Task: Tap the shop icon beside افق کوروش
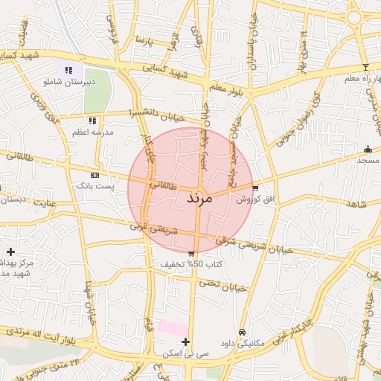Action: (256, 188)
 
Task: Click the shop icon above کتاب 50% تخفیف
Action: (192, 254)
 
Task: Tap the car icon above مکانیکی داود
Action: (242, 332)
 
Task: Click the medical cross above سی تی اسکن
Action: (185, 342)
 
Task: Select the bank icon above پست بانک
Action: (94, 174)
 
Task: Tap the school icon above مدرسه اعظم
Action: (92, 120)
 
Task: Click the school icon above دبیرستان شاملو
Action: (69, 71)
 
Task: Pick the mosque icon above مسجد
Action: (367, 150)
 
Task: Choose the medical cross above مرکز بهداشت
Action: (10, 252)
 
